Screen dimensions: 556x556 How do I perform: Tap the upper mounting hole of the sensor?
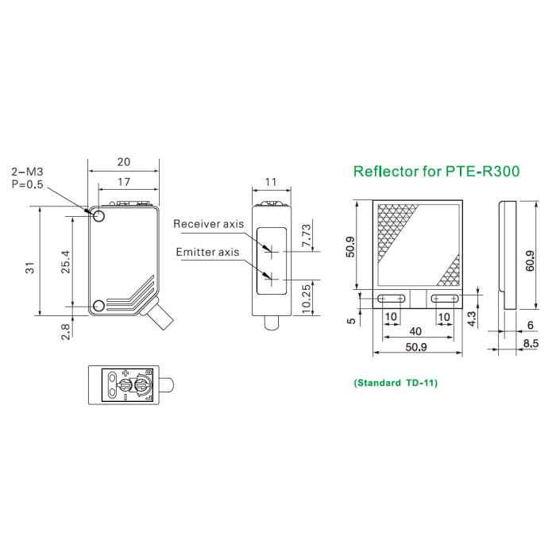(x=99, y=215)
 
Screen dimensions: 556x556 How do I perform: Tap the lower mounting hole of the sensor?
(x=98, y=306)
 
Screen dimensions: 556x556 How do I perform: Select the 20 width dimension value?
(x=124, y=162)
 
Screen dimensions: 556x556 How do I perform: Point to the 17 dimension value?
(x=124, y=182)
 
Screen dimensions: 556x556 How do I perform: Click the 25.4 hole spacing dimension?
(x=66, y=261)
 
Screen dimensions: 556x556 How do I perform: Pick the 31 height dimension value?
(x=30, y=268)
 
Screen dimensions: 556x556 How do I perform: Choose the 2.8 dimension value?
(x=66, y=331)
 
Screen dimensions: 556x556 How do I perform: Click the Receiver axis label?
(x=208, y=224)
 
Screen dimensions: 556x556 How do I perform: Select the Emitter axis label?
(x=207, y=252)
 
